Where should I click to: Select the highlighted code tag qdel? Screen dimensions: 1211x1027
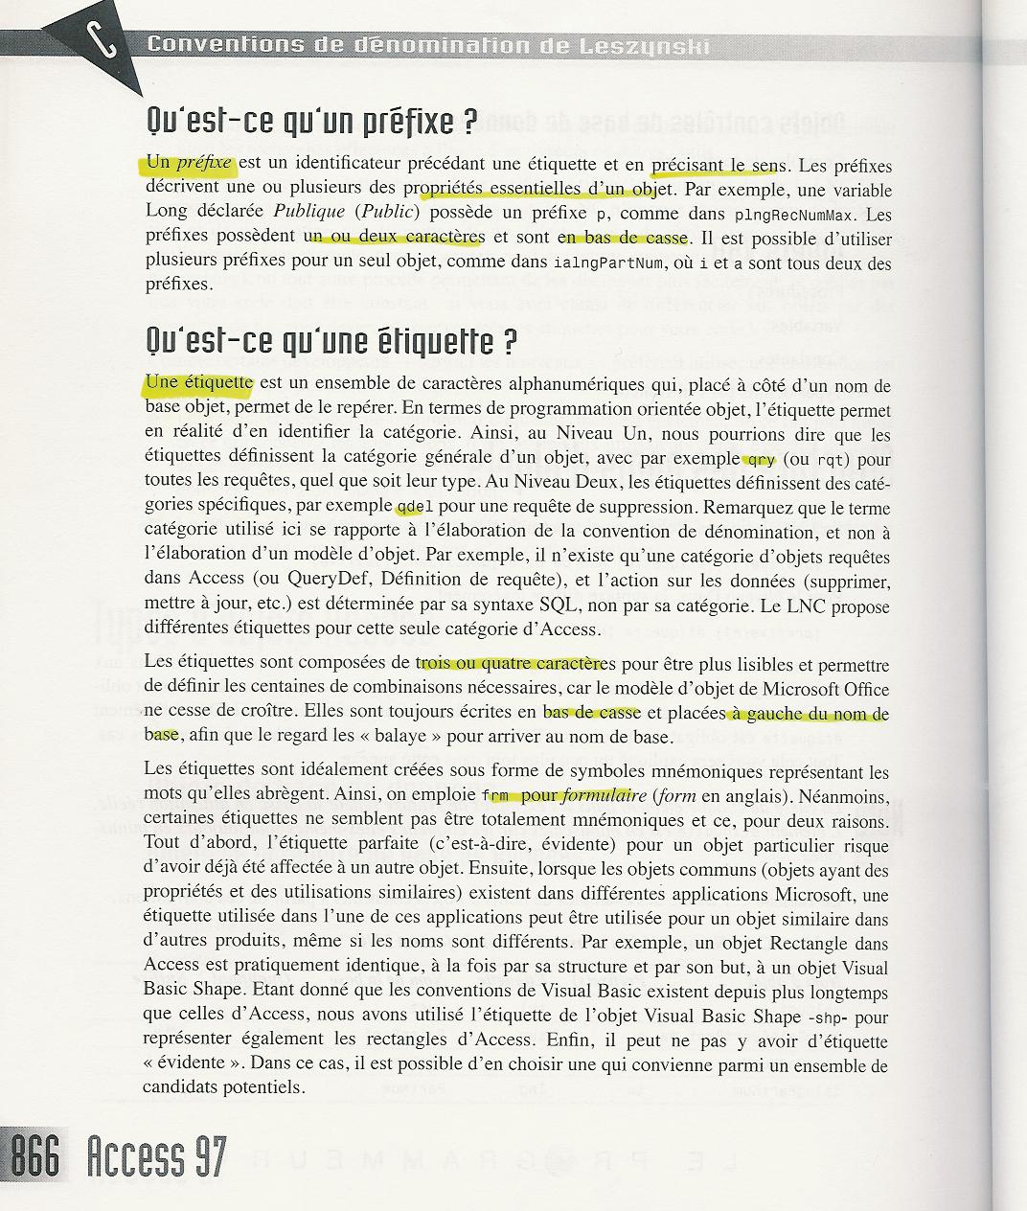(408, 507)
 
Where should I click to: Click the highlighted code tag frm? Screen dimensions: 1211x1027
(494, 795)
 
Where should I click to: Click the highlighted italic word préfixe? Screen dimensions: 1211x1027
(204, 163)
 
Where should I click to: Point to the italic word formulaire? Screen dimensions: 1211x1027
(605, 795)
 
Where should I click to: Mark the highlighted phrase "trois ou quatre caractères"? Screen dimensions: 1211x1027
(515, 664)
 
